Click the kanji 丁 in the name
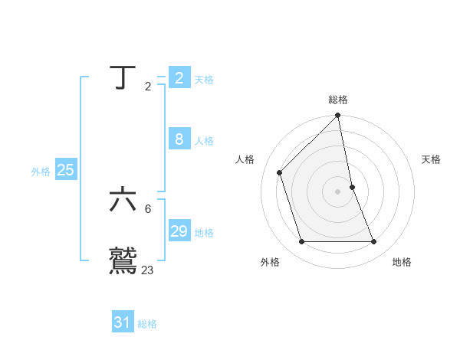123,78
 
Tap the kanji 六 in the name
123,201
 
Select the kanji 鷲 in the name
123,260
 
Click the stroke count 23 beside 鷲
147,270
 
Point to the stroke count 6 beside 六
148,209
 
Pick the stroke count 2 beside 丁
148,87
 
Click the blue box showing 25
66,171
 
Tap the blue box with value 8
179,139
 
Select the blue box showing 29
179,231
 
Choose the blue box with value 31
123,323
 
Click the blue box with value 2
179,78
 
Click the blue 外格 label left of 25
41,172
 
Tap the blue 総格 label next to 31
147,324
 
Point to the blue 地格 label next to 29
204,232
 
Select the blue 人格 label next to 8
204,140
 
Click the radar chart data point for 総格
338,116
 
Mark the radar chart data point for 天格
352,186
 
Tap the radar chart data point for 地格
373,242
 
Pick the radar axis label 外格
270,263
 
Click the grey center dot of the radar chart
338,191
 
